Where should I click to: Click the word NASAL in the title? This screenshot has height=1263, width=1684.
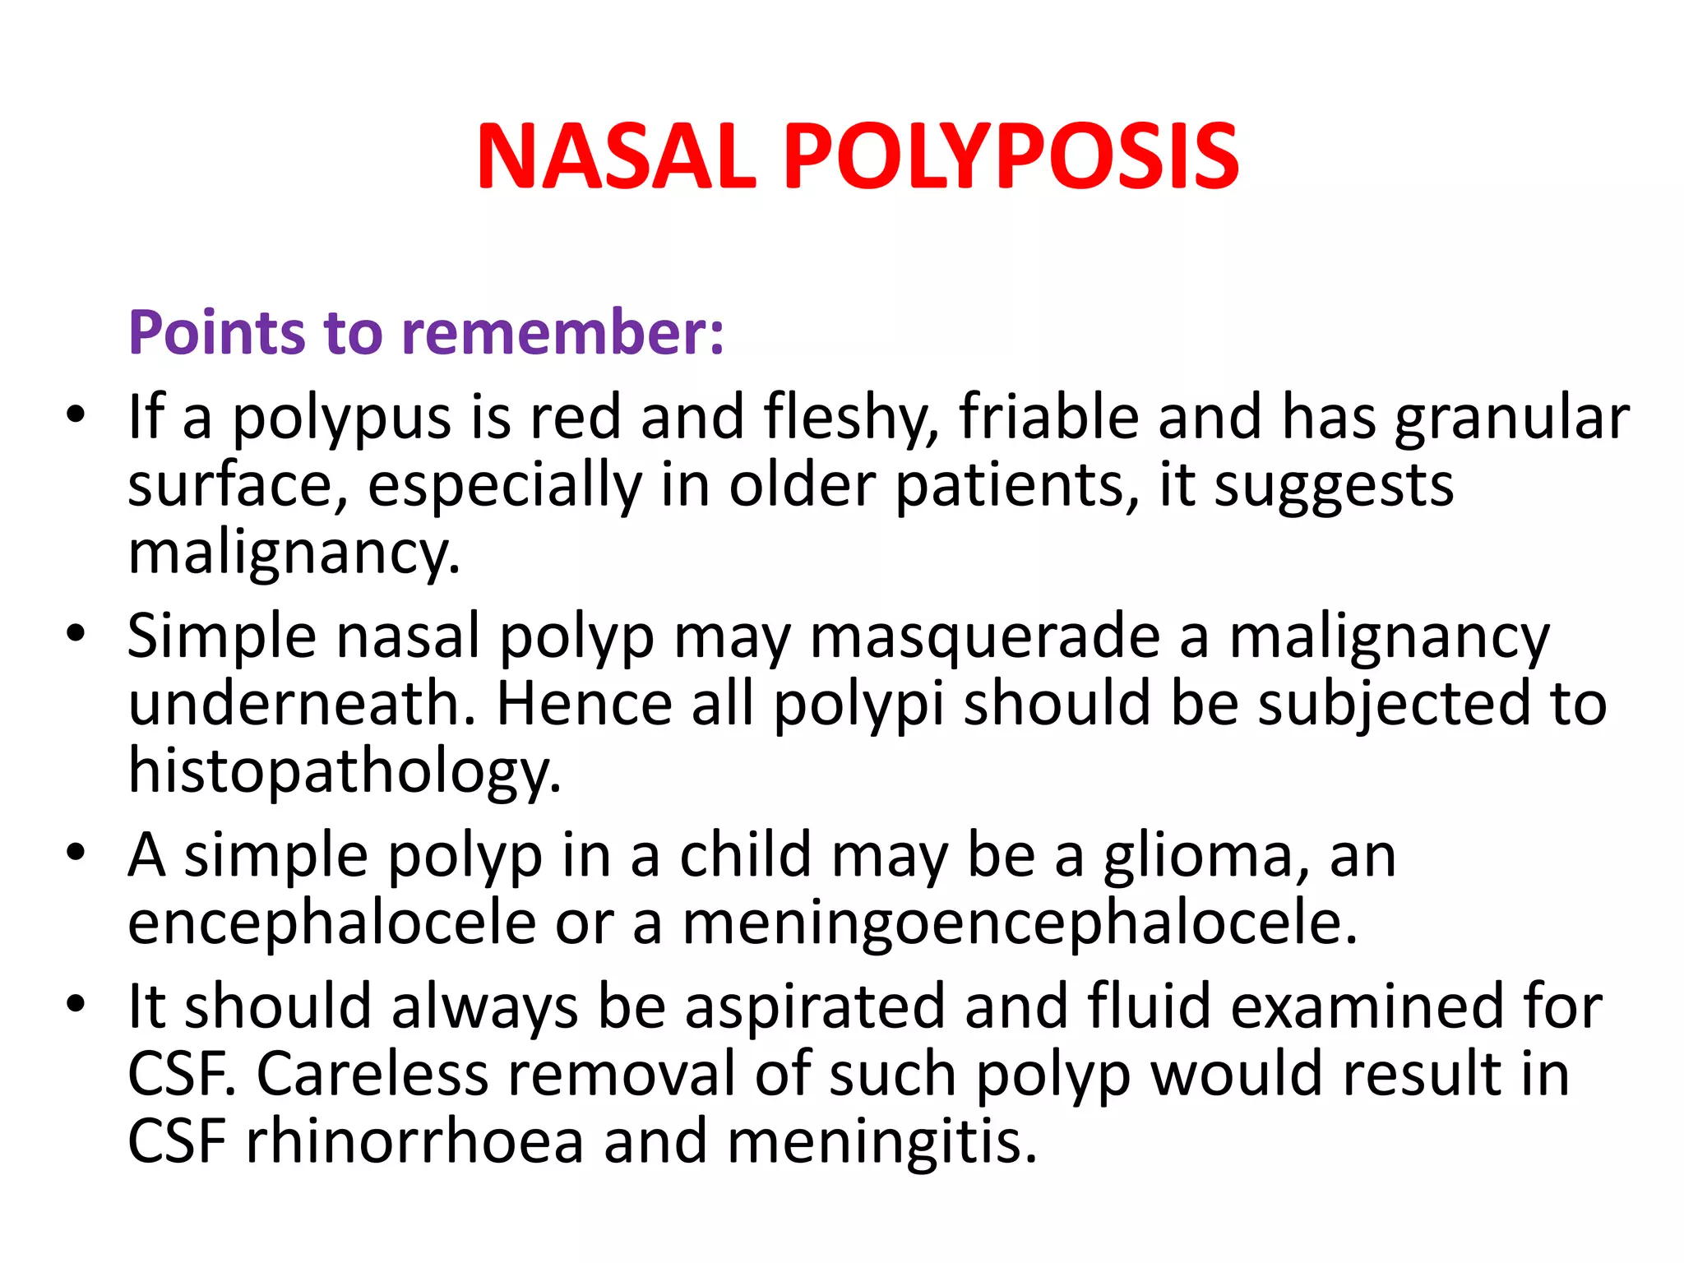click(x=616, y=156)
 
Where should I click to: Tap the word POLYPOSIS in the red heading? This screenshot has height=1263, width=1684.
click(x=1011, y=156)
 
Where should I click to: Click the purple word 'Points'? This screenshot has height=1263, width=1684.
click(x=216, y=333)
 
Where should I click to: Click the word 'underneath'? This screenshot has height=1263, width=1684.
click(x=301, y=704)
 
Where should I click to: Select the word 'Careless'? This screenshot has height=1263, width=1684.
click(x=373, y=1075)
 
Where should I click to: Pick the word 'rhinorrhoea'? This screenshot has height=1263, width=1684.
click(x=414, y=1142)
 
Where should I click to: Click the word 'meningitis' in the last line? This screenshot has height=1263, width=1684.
click(x=881, y=1142)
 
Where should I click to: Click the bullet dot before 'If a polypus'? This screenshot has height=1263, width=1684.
click(x=76, y=414)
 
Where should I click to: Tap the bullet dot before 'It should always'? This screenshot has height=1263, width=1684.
click(x=76, y=1004)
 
